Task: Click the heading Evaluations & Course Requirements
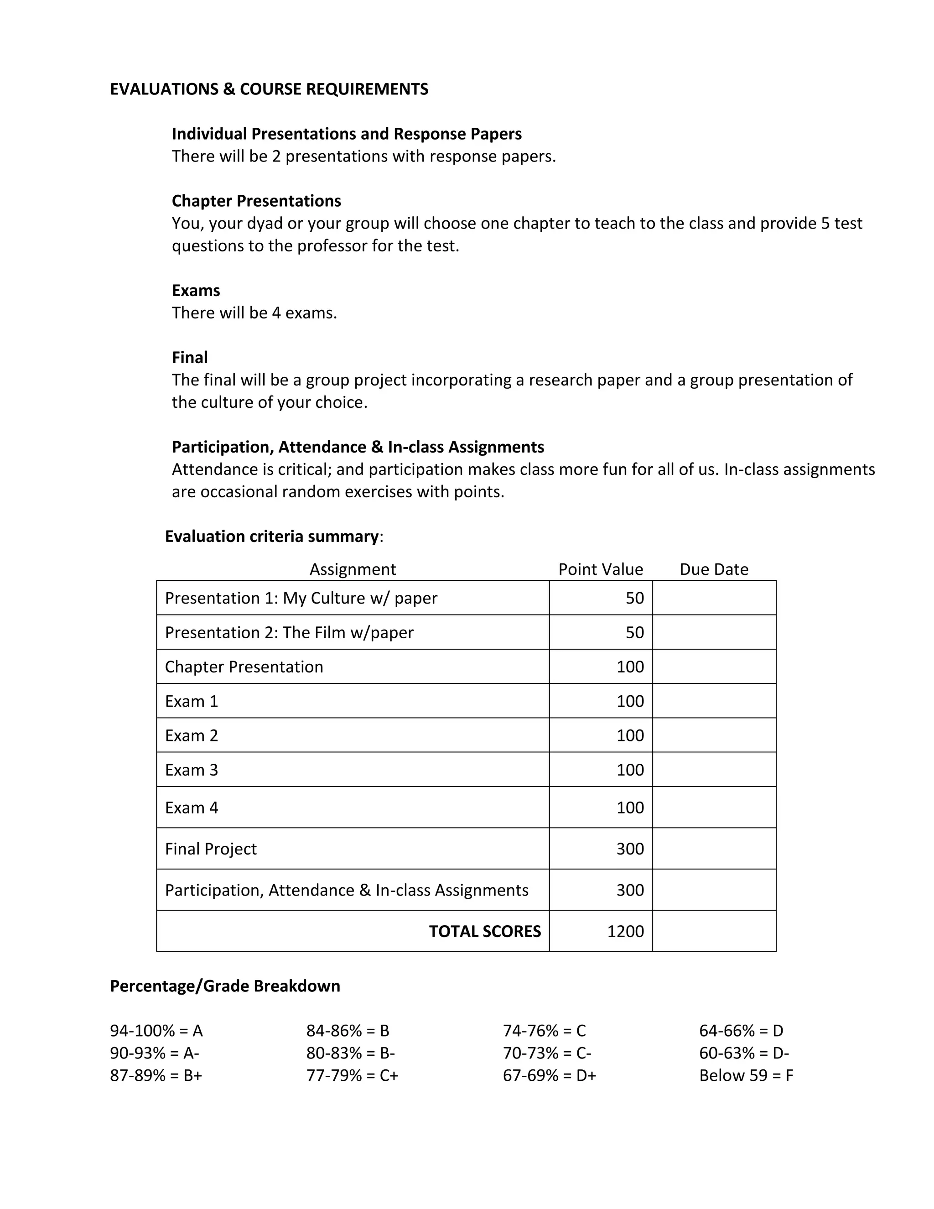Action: pos(269,89)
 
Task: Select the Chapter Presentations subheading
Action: pos(256,200)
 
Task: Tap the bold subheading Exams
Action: pos(196,290)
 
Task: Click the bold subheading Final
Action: pos(190,357)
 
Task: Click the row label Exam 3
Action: pos(192,770)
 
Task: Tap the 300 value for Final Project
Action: pos(630,849)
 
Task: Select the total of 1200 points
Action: pos(625,931)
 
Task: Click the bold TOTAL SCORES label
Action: pos(485,931)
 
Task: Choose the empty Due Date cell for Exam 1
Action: pos(714,701)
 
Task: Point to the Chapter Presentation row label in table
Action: pos(244,667)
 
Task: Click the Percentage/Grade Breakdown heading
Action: pos(225,986)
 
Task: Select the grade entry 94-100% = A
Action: pos(156,1031)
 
